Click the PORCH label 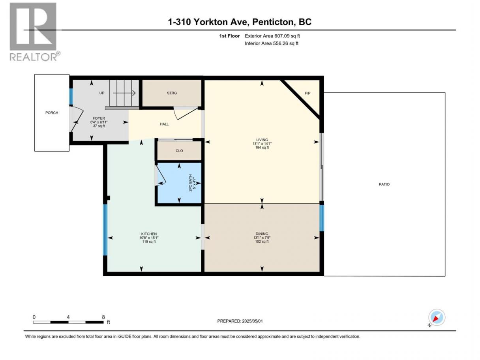click(x=52, y=113)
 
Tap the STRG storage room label click(x=172, y=93)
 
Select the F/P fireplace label click(x=307, y=93)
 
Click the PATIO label click(x=384, y=184)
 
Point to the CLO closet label click(x=179, y=151)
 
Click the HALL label click(x=164, y=124)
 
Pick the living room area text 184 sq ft click(x=262, y=148)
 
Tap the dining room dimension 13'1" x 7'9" click(x=262, y=238)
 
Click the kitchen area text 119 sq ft click(x=149, y=242)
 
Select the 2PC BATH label click(x=190, y=183)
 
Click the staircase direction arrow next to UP click(x=124, y=93)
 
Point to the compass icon click(x=437, y=317)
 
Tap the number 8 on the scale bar click(x=103, y=317)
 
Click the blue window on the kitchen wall click(x=105, y=229)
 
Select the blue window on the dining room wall click(x=321, y=218)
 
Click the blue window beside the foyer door click(x=71, y=96)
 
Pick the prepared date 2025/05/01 click(x=252, y=321)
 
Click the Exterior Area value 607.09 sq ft click(x=287, y=36)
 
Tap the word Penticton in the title click(x=272, y=22)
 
